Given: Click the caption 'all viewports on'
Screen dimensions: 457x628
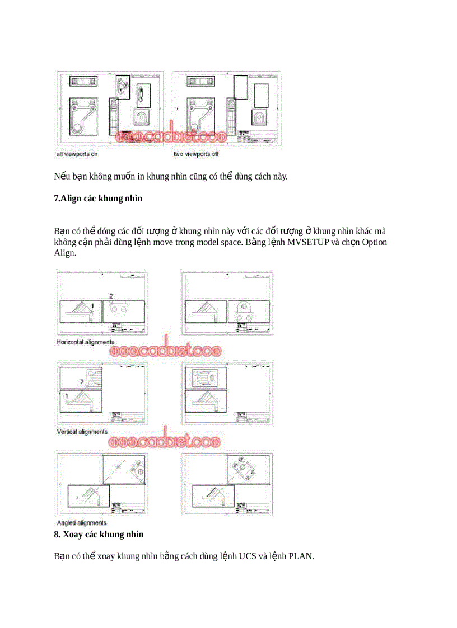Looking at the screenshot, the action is point(77,153).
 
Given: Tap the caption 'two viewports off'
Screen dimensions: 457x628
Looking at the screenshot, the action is point(196,153).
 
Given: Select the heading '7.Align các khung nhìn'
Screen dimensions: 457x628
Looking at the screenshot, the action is point(98,199).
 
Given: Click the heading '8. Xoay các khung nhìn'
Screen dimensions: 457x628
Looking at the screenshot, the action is point(99,535).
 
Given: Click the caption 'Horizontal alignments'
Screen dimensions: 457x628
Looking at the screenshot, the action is point(85,342).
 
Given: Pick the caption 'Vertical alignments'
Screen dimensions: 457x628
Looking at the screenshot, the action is point(82,432).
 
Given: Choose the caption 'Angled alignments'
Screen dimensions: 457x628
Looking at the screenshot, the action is point(82,523).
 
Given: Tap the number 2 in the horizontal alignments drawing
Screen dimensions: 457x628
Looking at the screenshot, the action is point(111,295).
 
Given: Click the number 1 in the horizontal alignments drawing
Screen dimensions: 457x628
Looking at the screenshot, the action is point(93,305).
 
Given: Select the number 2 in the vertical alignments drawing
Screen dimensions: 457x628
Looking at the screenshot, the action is point(82,381).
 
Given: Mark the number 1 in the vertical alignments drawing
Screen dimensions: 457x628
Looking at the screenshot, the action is point(67,396).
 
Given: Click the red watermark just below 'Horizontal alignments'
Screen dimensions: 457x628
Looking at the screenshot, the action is point(165,351).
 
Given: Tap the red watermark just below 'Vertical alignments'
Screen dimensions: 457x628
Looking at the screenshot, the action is point(165,442).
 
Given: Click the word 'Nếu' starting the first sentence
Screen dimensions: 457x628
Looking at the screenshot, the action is point(60,177).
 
